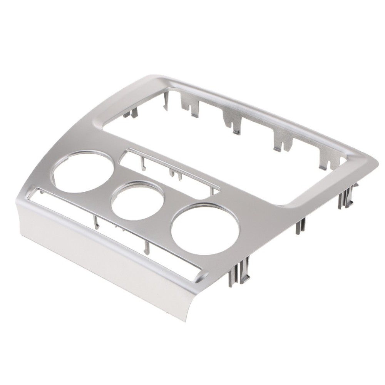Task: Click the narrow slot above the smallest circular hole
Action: pyautogui.click(x=169, y=171)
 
